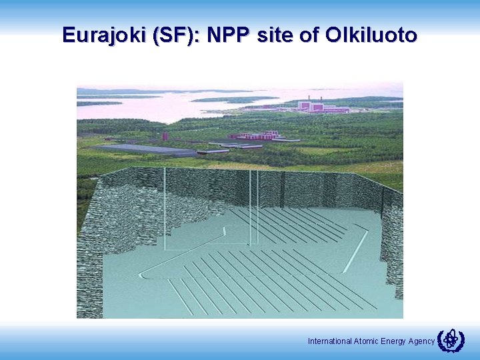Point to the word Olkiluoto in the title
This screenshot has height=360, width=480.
pos(371,35)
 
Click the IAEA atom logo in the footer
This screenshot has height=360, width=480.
pos(451,340)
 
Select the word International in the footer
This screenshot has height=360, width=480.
pos(329,341)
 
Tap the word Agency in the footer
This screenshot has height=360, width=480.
pos(421,341)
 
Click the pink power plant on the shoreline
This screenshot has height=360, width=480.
pos(323,106)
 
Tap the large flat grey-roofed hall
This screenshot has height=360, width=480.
pos(146,149)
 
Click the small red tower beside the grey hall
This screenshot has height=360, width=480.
pos(165,136)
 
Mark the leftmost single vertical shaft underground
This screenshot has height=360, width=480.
pos(165,207)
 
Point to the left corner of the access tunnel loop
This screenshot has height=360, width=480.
pos(142,274)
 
